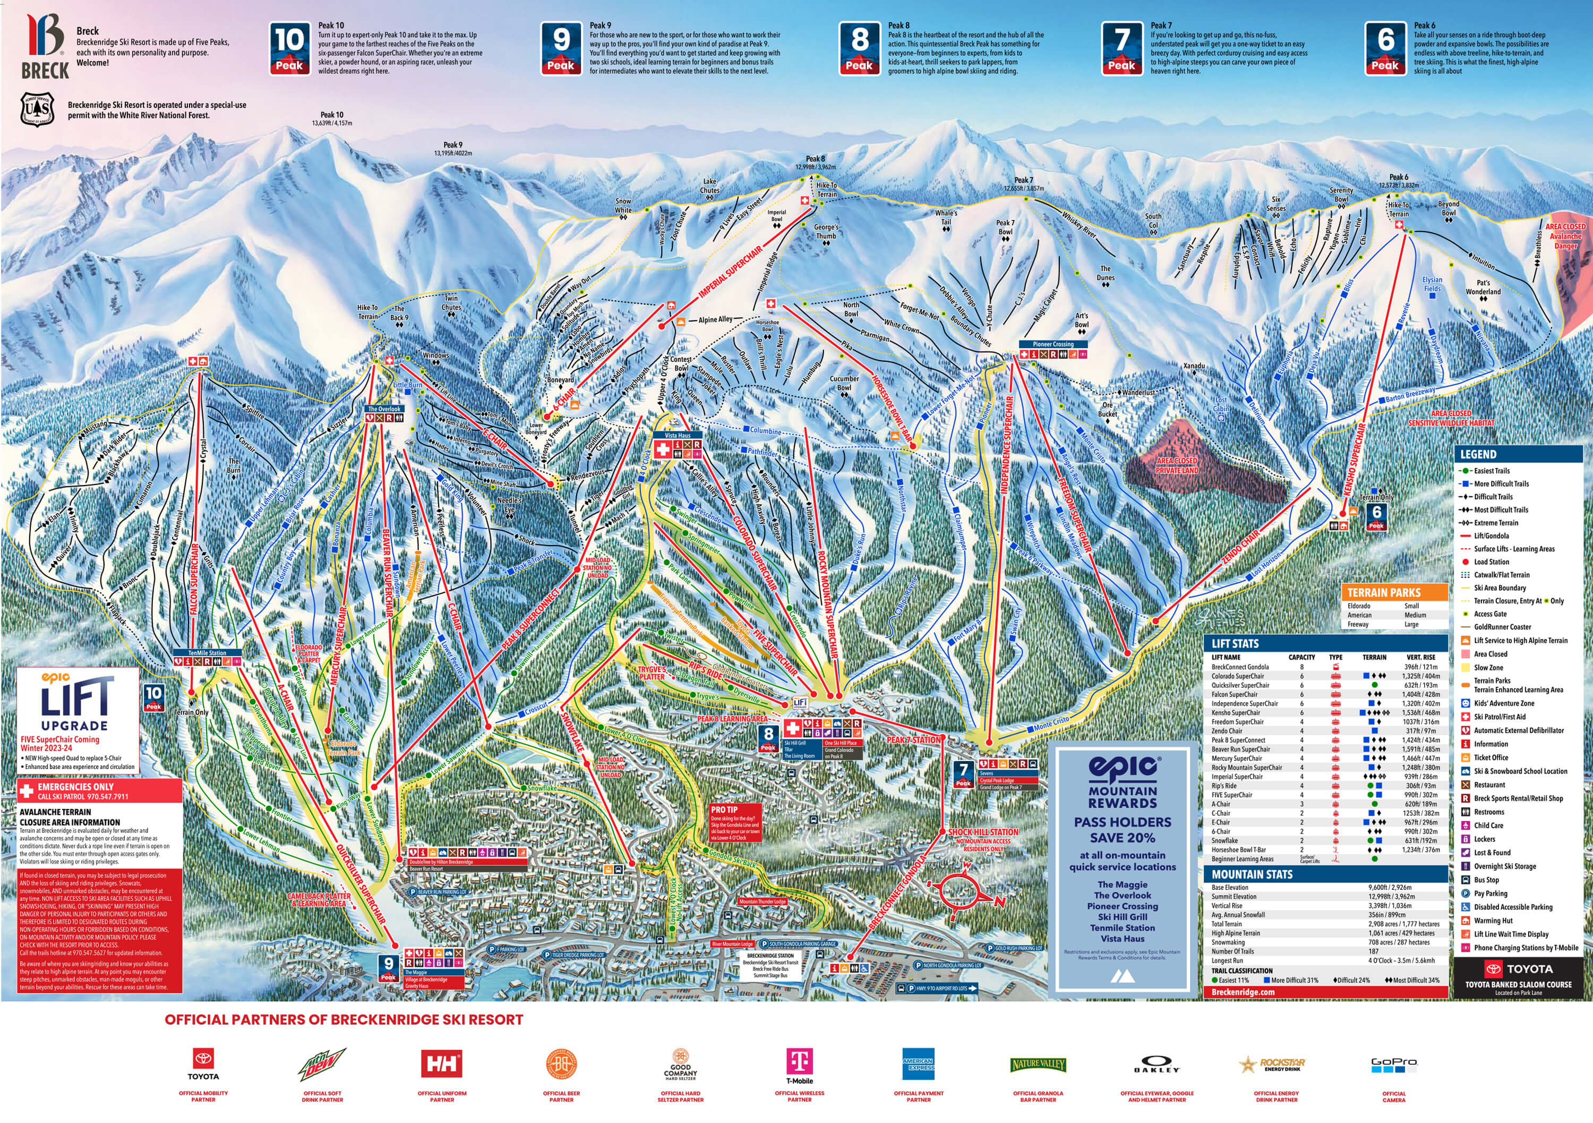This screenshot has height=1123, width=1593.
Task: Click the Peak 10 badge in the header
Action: (289, 48)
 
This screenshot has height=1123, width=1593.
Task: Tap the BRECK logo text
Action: (45, 71)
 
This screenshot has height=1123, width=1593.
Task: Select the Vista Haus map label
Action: (677, 435)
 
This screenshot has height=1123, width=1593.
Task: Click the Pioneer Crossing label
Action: (1052, 344)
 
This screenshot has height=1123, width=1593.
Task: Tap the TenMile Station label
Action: (208, 653)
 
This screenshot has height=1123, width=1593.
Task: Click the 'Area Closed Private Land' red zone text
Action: (1177, 465)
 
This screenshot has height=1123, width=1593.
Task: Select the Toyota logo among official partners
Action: (203, 1062)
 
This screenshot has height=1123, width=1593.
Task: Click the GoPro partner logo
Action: (1394, 1062)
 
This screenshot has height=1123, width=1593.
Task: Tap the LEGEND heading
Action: (1478, 455)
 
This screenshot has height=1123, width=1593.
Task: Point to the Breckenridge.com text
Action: (1243, 992)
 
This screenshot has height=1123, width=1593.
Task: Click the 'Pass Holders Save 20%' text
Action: (1122, 829)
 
